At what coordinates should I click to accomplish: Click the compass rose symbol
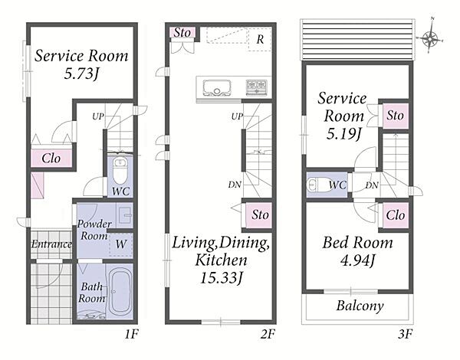[x=430, y=38]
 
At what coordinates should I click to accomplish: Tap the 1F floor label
[x=131, y=334]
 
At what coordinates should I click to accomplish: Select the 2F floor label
[x=268, y=334]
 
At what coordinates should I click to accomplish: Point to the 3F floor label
[x=406, y=334]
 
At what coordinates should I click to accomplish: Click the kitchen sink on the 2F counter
[x=217, y=87]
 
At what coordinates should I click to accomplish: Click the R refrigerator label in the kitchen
[x=260, y=39]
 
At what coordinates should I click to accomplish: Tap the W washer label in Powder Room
[x=121, y=244]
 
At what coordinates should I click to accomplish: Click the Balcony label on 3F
[x=360, y=306]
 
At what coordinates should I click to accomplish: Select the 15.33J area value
[x=221, y=277]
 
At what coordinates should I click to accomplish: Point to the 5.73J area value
[x=80, y=73]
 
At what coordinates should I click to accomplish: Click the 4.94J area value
[x=357, y=260]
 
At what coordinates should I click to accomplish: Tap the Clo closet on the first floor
[x=51, y=159]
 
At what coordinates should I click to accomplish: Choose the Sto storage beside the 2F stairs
[x=258, y=215]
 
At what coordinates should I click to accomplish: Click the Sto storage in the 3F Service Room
[x=395, y=116]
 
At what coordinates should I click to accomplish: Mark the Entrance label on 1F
[x=51, y=244]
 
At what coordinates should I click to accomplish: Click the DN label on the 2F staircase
[x=235, y=185]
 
